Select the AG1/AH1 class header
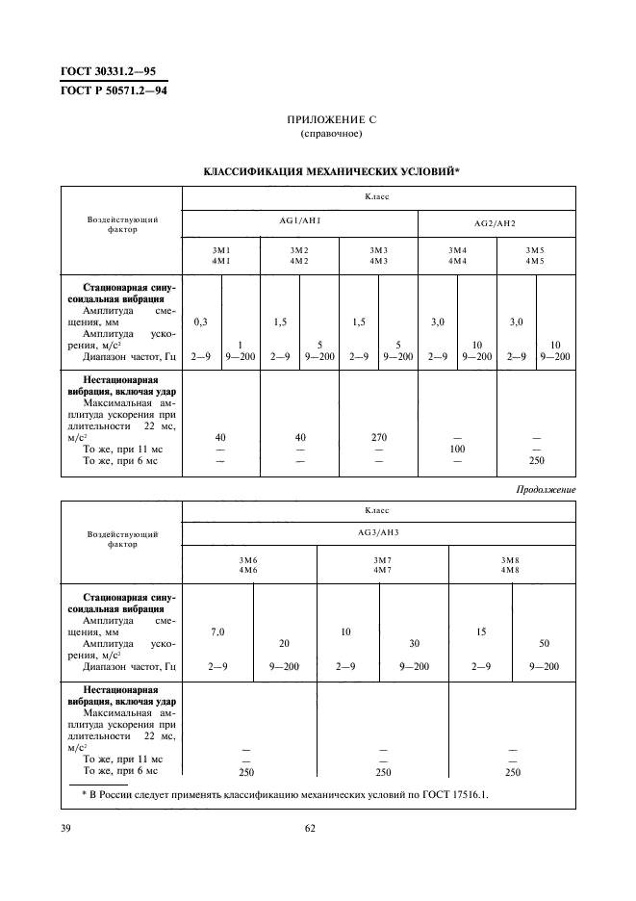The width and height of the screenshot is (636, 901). [x=299, y=222]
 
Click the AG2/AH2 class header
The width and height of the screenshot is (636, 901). [x=496, y=222]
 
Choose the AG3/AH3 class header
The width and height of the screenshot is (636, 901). [x=378, y=532]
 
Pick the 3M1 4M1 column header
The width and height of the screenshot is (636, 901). [x=221, y=255]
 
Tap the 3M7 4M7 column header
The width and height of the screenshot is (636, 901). [x=382, y=566]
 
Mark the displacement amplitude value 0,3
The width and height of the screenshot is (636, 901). [x=201, y=322]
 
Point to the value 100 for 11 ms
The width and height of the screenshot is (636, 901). [x=456, y=449]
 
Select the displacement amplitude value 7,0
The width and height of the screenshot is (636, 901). [x=217, y=631]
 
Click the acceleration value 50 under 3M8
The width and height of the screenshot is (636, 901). [x=544, y=643]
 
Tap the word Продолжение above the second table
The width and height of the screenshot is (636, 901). [x=546, y=489]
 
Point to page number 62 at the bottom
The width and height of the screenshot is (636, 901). [x=310, y=827]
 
